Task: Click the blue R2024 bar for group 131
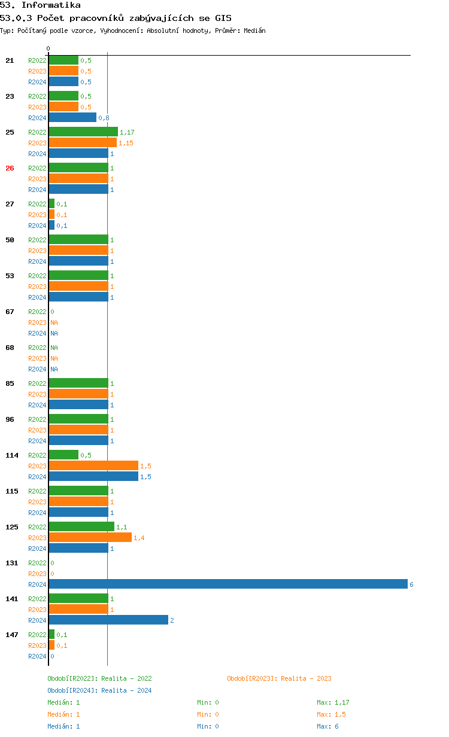(228, 584)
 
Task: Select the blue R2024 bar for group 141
(108, 620)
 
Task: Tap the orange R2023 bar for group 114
(93, 465)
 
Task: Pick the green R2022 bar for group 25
(83, 132)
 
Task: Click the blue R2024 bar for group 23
(73, 117)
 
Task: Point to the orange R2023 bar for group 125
(90, 537)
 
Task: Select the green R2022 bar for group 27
(51, 203)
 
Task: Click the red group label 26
(10, 168)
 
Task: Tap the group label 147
(12, 635)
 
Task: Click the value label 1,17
(127, 132)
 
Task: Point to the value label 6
(411, 584)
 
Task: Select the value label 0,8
(104, 118)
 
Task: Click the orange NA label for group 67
(54, 322)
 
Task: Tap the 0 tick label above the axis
(48, 48)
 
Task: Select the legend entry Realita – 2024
(99, 690)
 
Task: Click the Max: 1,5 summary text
(331, 714)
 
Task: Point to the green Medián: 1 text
(63, 702)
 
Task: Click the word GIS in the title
(223, 18)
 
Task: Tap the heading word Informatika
(51, 5)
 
